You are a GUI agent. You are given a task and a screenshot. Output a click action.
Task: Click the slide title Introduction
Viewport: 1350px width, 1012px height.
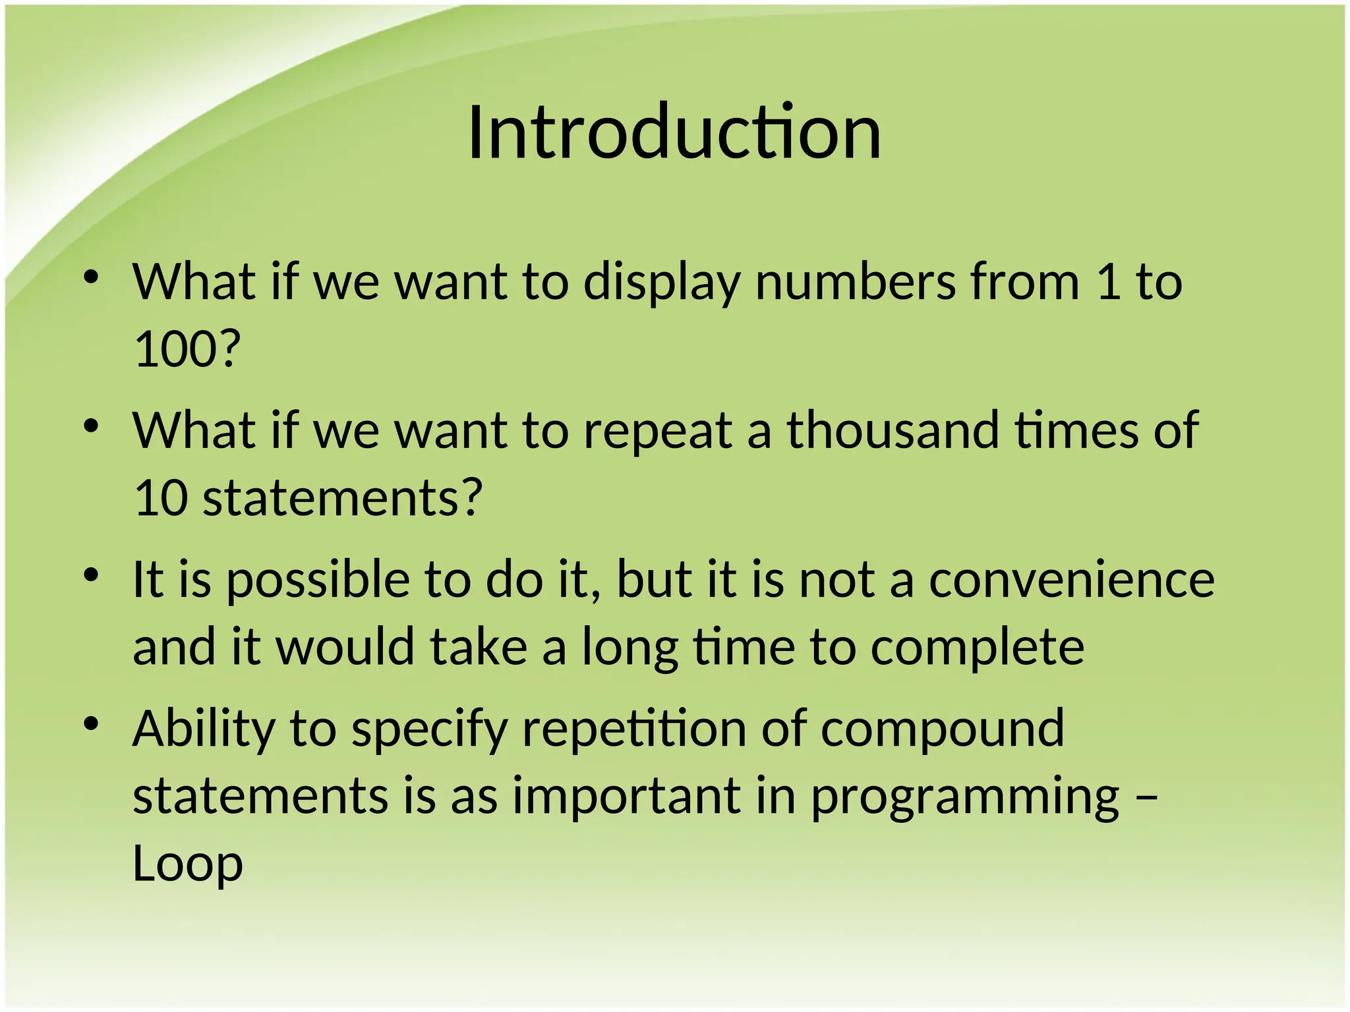click(x=674, y=133)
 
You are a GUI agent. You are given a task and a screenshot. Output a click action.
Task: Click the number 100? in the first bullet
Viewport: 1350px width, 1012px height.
click(x=187, y=349)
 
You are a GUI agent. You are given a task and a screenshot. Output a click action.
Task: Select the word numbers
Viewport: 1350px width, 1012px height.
click(x=855, y=282)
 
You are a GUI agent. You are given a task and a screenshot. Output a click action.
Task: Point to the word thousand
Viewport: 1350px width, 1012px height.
click(x=893, y=430)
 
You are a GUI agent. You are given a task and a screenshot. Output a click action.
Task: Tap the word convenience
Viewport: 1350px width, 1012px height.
click(x=1072, y=580)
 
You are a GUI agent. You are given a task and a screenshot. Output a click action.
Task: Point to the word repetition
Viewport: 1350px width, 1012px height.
click(x=634, y=730)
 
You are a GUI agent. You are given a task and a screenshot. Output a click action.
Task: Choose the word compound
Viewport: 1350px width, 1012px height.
click(x=943, y=730)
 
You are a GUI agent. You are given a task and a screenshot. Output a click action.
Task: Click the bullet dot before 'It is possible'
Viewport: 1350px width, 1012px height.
click(x=91, y=576)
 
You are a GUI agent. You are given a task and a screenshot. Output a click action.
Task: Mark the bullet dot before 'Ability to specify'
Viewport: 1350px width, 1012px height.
click(x=91, y=725)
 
